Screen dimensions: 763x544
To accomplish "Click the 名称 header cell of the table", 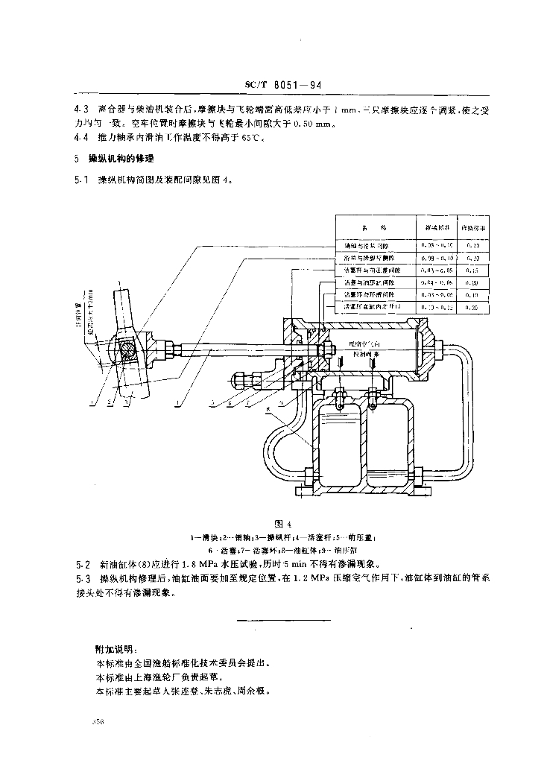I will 373,227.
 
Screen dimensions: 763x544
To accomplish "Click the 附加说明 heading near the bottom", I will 107,649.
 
